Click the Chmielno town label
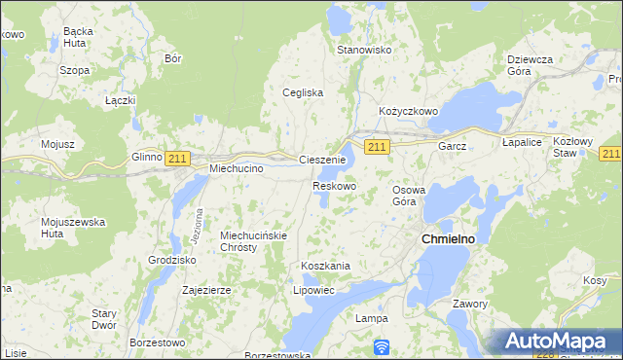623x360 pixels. [447, 238]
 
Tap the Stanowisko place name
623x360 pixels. [363, 50]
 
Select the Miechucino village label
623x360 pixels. [238, 168]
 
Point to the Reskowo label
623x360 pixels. [334, 186]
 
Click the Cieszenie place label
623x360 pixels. [322, 160]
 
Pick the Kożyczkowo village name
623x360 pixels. [409, 112]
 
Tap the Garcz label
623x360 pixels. [453, 146]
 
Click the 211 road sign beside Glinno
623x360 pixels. [177, 158]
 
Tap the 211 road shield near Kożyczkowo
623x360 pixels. [379, 146]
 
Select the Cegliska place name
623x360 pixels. [302, 93]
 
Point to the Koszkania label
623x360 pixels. [325, 266]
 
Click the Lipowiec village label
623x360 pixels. [313, 290]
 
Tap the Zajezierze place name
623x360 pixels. [206, 290]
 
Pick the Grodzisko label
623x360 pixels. [172, 261]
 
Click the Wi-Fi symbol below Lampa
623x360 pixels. [382, 345]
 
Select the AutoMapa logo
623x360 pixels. [556, 342]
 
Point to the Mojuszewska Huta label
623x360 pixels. [73, 228]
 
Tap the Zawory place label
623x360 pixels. [469, 304]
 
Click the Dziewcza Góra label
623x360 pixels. [531, 65]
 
